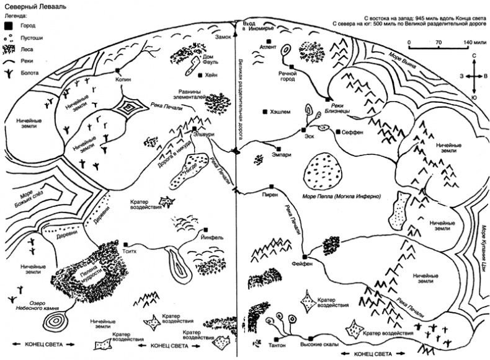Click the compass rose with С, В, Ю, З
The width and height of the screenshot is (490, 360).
[x=474, y=75]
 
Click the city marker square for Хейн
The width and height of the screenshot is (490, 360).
[x=200, y=76]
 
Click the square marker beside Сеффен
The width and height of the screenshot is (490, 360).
[x=337, y=132]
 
